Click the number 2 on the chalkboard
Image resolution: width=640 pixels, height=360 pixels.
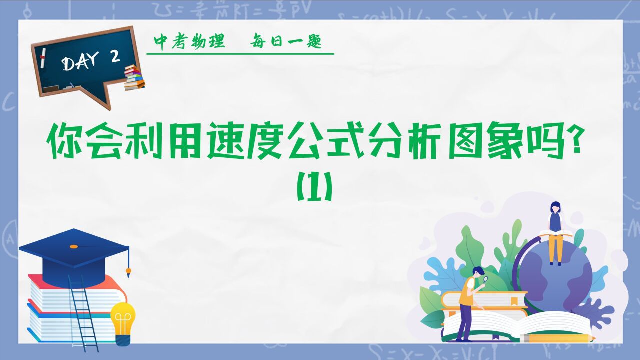coord(115,57)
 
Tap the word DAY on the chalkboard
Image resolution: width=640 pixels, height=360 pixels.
coord(80,61)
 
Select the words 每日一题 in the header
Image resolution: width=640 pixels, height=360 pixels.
coord(286,42)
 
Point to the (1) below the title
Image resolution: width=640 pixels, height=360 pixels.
coord(315,186)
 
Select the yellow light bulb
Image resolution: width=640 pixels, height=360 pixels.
coord(123,323)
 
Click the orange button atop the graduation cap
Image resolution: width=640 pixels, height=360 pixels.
coord(74,246)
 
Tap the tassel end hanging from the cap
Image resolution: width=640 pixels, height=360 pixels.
coord(128,272)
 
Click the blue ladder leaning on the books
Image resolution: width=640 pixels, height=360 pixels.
coord(83,314)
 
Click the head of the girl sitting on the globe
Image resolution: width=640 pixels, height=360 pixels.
coord(555,207)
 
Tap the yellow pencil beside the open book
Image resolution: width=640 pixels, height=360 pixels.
coord(557,338)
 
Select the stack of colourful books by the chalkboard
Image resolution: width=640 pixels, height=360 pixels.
coord(134,77)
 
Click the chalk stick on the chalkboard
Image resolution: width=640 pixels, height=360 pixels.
coord(43,58)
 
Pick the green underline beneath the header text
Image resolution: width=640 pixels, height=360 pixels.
coord(240,53)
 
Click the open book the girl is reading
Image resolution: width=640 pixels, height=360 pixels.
coord(556,235)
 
